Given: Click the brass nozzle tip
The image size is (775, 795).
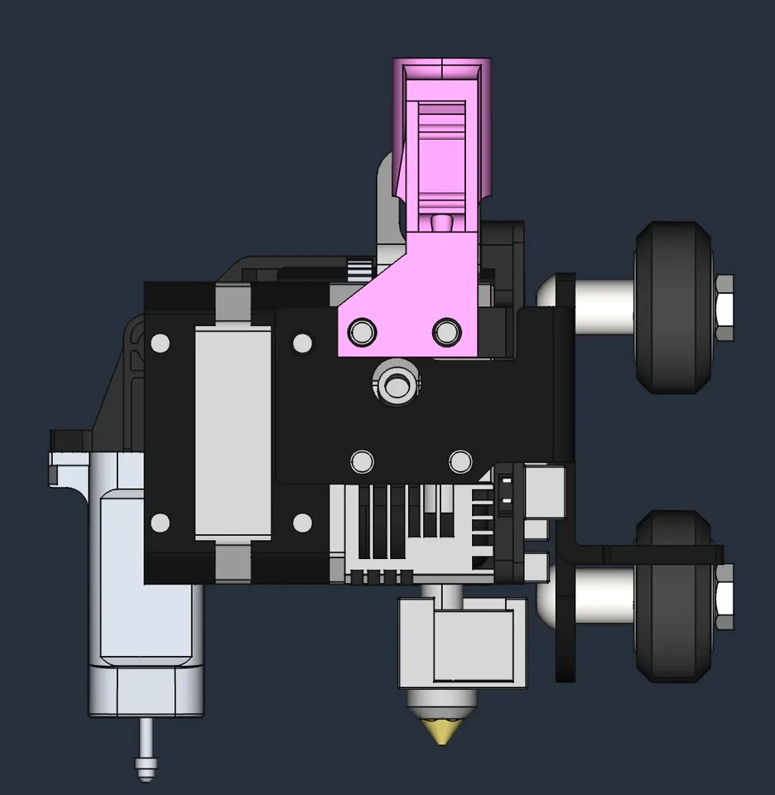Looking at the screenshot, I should point(442,730).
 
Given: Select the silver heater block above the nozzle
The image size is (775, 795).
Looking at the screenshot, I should point(462,643).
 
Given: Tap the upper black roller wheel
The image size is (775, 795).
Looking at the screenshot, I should point(672,306).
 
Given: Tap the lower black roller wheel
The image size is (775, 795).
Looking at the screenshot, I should point(672,595).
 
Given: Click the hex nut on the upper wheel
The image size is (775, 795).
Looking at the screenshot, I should point(723,307).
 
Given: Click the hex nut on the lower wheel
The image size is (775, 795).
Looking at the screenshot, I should point(723,595).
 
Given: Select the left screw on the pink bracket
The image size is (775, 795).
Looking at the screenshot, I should point(361,333).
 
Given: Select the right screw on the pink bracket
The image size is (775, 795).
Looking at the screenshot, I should point(445,333).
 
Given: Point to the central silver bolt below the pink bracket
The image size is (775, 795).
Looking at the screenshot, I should point(397,383).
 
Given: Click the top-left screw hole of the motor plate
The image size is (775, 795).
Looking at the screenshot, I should point(161,342).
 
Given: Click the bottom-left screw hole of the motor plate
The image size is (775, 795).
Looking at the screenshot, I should point(161,523).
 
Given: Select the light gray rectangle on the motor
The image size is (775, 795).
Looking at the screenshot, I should point(233,430).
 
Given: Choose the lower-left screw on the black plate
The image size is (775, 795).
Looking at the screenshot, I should point(361,460).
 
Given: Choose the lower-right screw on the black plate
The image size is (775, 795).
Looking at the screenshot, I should point(460,460).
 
